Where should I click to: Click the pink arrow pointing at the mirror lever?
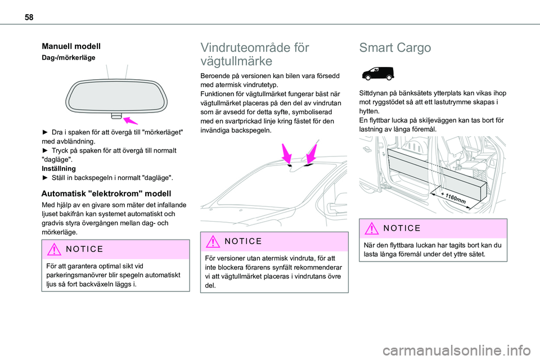tap(130, 120)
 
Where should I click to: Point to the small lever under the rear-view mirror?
tap(116, 116)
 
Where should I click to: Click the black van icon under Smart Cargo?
tap(376, 73)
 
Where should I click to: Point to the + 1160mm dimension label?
tap(452, 197)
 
